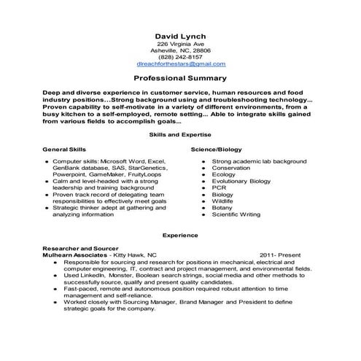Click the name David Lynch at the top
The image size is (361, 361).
180,35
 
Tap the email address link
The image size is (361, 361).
180,64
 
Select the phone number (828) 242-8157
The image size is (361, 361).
180,57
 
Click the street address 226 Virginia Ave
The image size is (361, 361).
180,43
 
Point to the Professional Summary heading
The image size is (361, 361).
180,78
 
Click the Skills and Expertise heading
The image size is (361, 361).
180,136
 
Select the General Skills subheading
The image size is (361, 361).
64,148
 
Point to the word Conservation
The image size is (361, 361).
232,167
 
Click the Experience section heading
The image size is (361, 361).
180,236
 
